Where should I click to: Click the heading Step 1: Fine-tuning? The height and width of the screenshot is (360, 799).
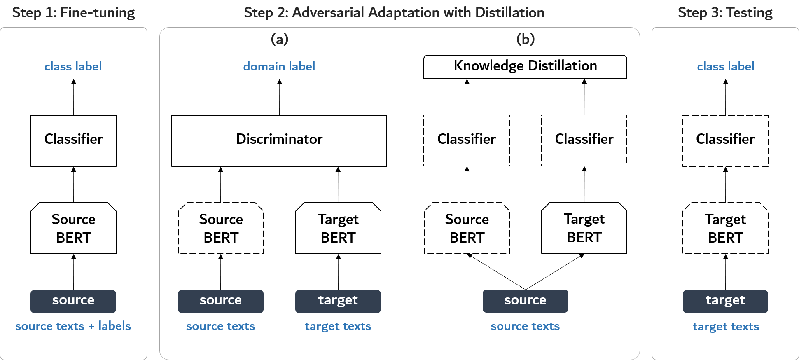coord(73,13)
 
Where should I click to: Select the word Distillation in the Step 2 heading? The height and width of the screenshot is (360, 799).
coord(509,13)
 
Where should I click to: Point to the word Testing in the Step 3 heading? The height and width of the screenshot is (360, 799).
coord(749,13)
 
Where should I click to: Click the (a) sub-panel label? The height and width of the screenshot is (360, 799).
coord(280,39)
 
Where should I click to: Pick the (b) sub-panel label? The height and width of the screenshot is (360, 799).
coord(526,39)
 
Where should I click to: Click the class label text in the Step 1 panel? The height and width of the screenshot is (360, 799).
coord(73,66)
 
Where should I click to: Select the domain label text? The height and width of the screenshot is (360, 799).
coord(279,66)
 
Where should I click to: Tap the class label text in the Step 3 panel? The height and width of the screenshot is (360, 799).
coord(726,66)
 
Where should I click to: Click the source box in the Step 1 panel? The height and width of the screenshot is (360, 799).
coord(73,301)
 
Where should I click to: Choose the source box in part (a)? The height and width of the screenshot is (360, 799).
coord(221,301)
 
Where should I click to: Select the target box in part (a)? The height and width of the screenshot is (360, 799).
coord(338,301)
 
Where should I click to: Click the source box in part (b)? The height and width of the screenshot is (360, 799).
coord(526,301)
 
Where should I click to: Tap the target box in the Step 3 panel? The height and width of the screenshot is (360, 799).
coord(725,301)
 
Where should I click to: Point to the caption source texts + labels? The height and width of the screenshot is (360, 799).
coord(73,326)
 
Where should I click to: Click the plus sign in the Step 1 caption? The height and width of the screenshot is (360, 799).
coord(91,327)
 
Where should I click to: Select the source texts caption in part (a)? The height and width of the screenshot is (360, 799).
coord(221,326)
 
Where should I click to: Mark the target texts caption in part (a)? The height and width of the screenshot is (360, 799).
coord(338,326)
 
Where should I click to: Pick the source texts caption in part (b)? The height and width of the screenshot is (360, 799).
coord(526,326)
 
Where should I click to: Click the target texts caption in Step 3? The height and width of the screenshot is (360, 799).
coord(726,327)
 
